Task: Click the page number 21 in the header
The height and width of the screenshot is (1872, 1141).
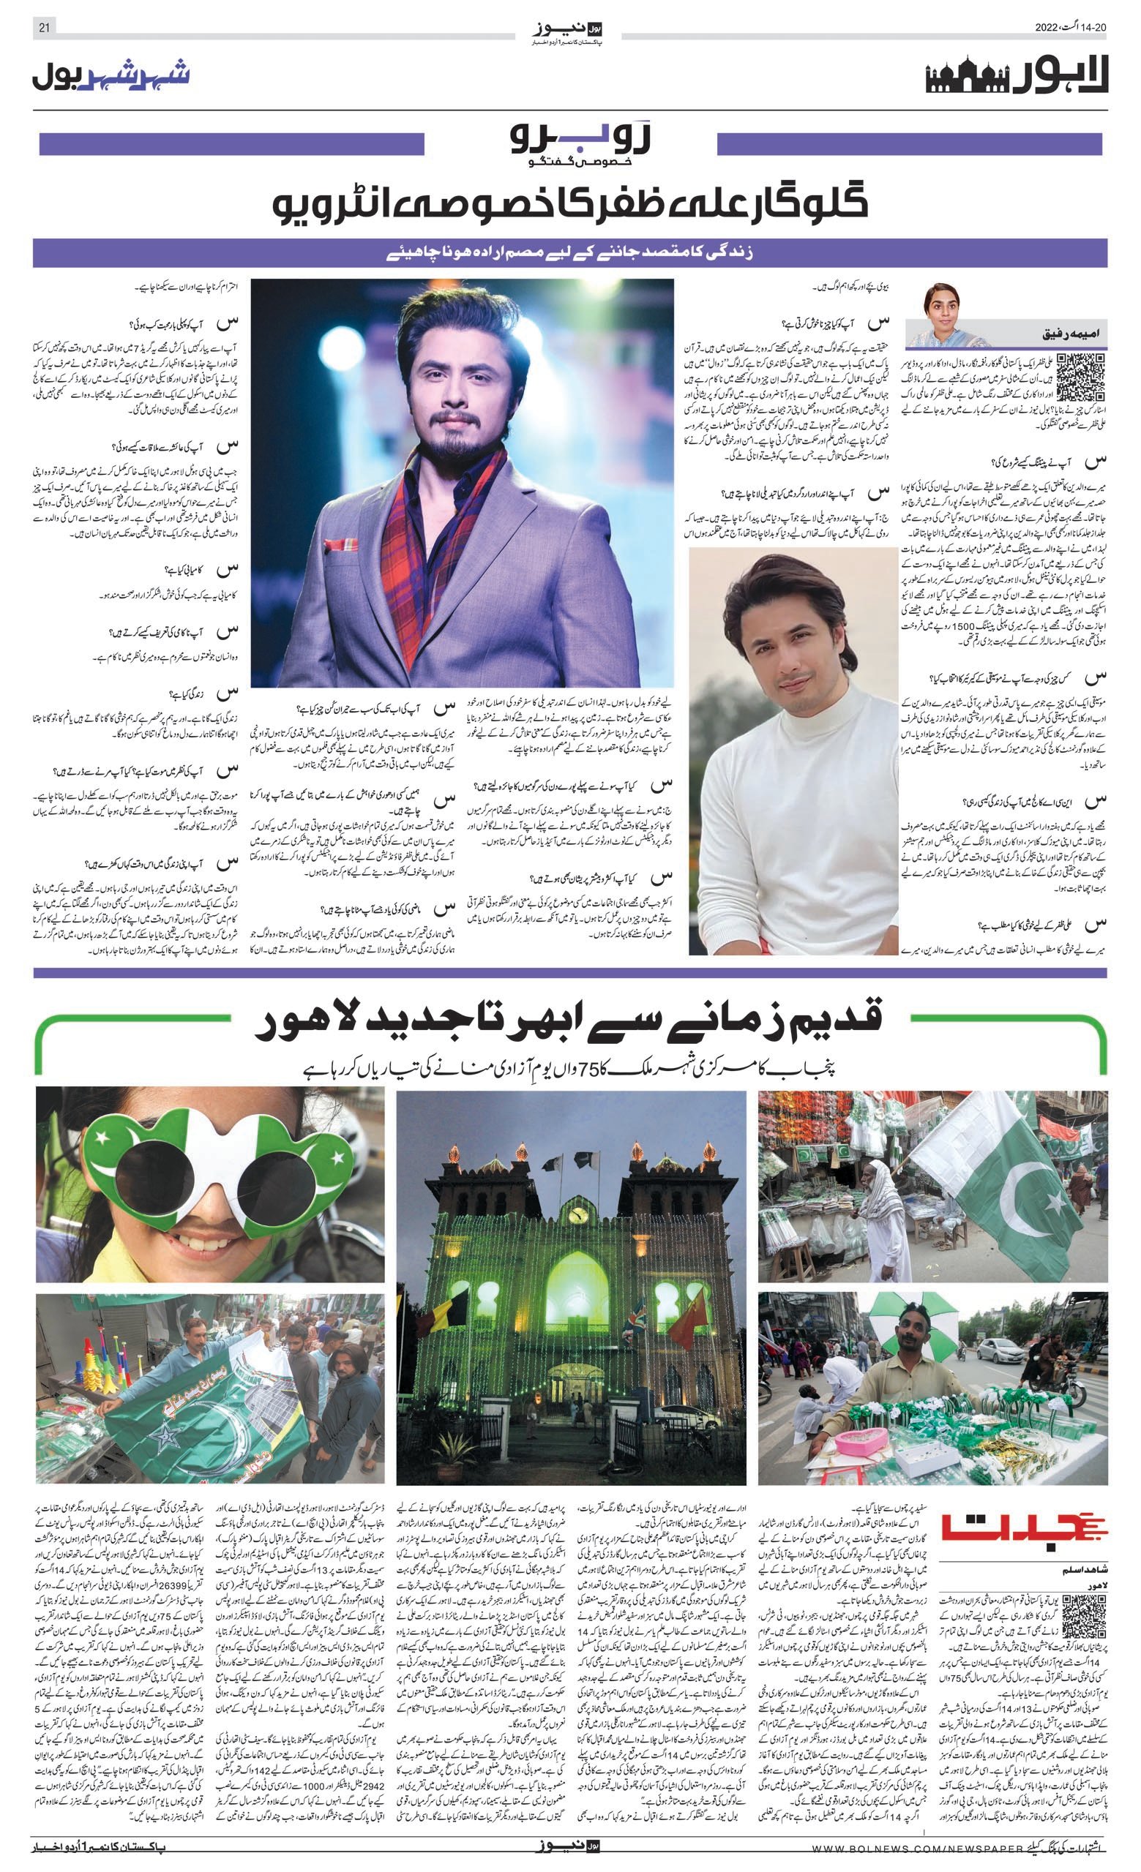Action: click(x=43, y=28)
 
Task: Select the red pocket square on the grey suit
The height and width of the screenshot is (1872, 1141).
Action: click(x=339, y=544)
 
